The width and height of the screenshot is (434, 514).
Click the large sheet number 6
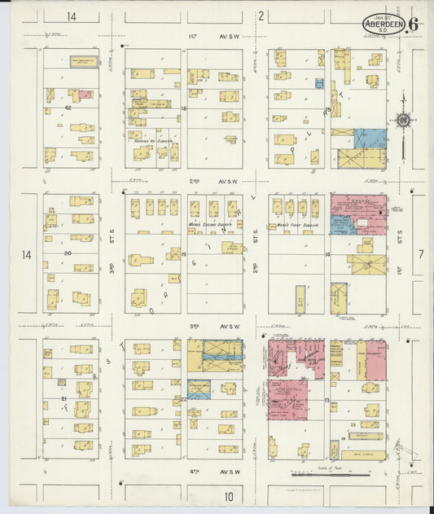(x=414, y=24)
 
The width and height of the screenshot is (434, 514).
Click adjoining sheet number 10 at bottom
(x=229, y=495)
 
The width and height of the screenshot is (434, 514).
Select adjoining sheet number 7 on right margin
(x=421, y=255)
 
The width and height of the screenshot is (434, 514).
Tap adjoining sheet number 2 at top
(x=261, y=15)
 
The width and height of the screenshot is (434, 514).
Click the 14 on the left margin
(x=27, y=255)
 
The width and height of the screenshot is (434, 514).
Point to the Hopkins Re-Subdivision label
(x=153, y=139)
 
